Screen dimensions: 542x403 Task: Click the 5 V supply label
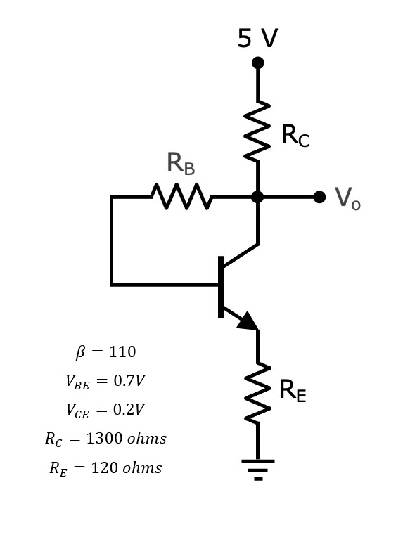257,38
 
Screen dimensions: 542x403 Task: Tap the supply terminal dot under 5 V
258,63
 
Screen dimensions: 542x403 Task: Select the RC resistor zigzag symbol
258,131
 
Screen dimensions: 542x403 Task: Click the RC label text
295,135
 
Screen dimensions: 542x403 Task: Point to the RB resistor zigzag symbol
181,197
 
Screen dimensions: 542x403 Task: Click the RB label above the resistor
180,164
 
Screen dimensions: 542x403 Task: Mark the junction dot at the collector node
258,197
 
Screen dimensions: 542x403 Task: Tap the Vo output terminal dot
319,197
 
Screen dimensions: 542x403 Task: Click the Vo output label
347,198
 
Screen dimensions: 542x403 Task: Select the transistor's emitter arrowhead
248,321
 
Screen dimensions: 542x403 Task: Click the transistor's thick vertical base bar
221,287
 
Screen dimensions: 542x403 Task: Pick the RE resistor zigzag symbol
258,393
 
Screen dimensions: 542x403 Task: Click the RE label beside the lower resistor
293,390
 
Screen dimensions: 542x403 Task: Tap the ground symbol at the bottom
258,467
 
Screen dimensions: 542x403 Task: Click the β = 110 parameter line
105,351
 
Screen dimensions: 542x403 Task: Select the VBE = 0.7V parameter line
105,381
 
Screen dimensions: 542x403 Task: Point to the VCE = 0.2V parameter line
105,410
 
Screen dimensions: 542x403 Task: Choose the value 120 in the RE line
105,468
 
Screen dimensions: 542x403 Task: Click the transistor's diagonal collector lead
241,256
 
